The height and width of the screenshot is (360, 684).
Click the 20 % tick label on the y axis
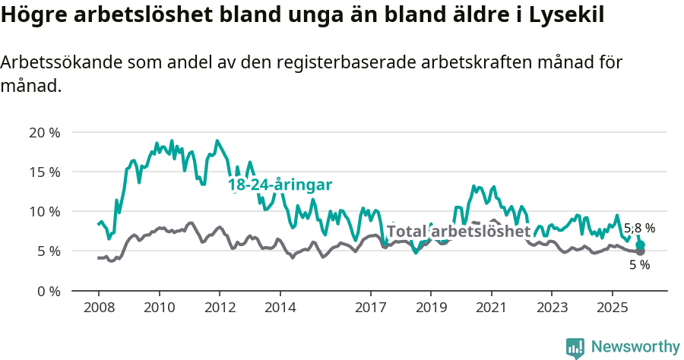(x=44, y=132)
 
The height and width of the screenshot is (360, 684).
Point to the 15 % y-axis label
(x=44, y=172)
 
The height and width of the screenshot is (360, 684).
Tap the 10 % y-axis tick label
(x=44, y=211)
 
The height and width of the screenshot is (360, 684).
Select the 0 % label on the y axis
(x=47, y=290)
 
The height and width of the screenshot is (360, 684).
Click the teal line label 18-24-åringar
(x=280, y=185)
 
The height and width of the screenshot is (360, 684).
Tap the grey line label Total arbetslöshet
(x=458, y=231)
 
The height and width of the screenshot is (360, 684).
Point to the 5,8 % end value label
(x=639, y=228)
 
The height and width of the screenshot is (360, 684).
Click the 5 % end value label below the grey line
(x=639, y=265)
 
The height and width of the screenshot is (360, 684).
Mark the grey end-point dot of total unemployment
(x=641, y=251)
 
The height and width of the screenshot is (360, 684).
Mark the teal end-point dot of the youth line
(x=641, y=245)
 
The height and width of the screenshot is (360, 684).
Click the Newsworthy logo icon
(x=575, y=347)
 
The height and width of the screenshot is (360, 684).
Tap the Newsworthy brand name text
(x=635, y=347)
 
